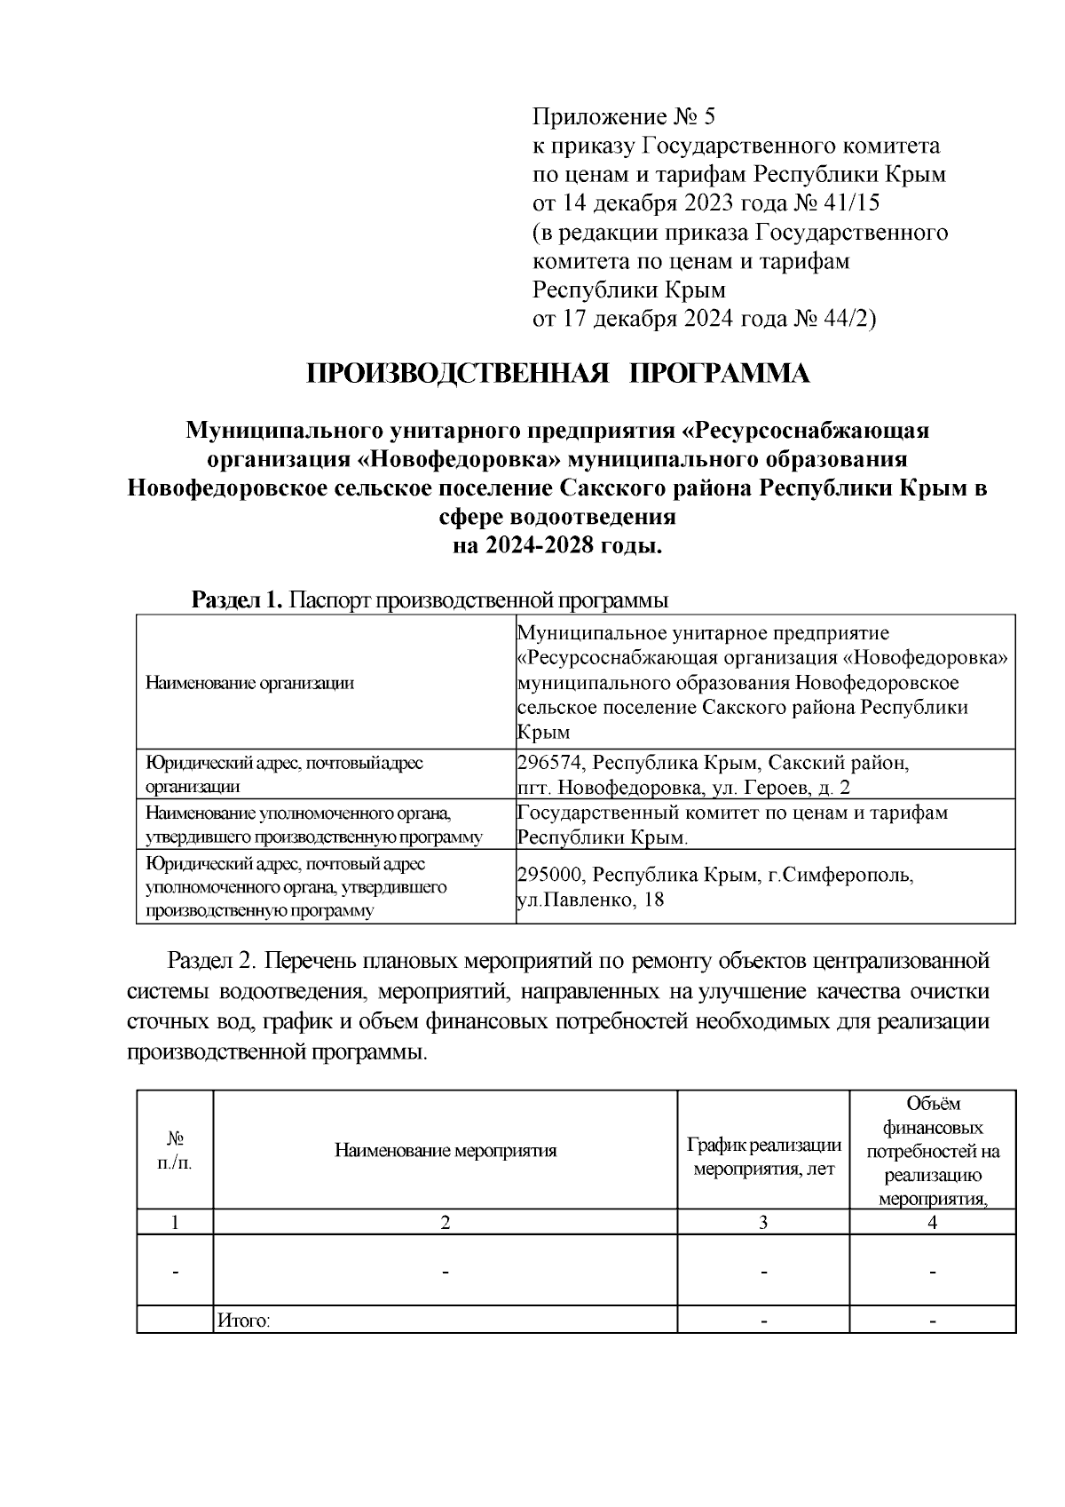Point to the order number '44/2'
[847, 319]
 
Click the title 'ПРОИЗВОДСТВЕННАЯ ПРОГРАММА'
[558, 374]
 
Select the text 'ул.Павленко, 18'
[590, 900]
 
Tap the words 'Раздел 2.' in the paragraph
[210, 962]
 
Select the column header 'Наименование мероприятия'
[445, 1151]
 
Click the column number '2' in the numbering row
[445, 1223]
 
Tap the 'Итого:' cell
[243, 1321]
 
